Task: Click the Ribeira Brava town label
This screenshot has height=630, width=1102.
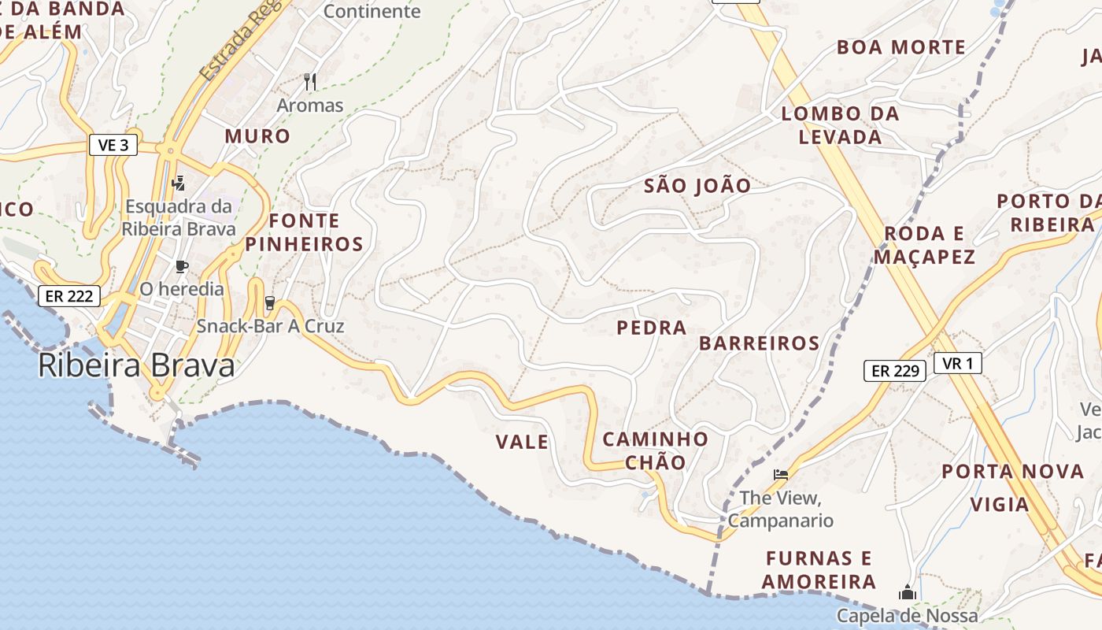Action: pyautogui.click(x=136, y=366)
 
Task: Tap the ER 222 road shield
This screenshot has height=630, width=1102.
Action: pyautogui.click(x=69, y=296)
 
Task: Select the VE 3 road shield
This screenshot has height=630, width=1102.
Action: pyautogui.click(x=113, y=145)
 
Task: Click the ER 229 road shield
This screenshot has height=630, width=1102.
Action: pyautogui.click(x=895, y=370)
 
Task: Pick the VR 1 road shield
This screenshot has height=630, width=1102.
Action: pyautogui.click(x=958, y=363)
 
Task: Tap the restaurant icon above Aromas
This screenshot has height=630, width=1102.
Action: pyautogui.click(x=310, y=81)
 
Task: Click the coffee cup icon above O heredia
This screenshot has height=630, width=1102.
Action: pyautogui.click(x=182, y=266)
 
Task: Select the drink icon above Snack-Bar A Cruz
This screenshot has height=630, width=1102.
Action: pyautogui.click(x=270, y=303)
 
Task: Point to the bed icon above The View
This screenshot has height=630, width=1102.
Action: pyautogui.click(x=780, y=474)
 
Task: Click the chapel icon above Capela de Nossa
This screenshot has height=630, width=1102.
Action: pyautogui.click(x=907, y=591)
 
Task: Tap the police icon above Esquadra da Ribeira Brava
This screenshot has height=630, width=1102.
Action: pyautogui.click(x=179, y=183)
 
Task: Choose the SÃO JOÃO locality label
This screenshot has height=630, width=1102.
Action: pyautogui.click(x=697, y=186)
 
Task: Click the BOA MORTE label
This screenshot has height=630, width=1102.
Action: pyautogui.click(x=900, y=47)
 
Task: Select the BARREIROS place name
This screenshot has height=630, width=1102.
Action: pyautogui.click(x=759, y=343)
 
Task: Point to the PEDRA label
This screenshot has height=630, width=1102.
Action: pyautogui.click(x=652, y=328)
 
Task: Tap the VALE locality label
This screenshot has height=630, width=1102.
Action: pyautogui.click(x=522, y=443)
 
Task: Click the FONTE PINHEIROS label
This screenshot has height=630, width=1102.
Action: pyautogui.click(x=304, y=232)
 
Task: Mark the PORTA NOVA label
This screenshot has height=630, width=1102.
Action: pyautogui.click(x=1013, y=472)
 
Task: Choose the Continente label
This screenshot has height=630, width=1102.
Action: pyautogui.click(x=372, y=12)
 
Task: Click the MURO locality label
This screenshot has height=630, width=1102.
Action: pyautogui.click(x=257, y=136)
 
